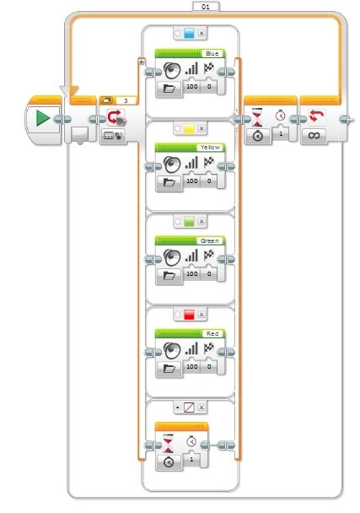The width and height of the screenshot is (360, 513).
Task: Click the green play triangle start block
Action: pos(43,118)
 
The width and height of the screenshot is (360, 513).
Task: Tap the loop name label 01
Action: pos(206,6)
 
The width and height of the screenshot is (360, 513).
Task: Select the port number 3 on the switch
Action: pos(126,100)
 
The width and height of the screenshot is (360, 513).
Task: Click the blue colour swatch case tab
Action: pos(190,33)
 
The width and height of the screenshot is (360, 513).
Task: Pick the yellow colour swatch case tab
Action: pos(190,128)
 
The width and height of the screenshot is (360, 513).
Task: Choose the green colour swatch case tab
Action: pos(190,222)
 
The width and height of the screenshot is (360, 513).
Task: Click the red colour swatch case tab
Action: pos(190,315)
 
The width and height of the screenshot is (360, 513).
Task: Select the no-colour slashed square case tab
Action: pos(190,408)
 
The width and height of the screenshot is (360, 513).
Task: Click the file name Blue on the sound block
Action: pos(212,54)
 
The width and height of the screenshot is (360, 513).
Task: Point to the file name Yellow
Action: pos(210,148)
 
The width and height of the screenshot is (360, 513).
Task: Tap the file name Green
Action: pos(210,240)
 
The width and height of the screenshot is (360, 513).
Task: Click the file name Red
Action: pos(212,334)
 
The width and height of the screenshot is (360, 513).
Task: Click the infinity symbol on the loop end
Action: pos(314,134)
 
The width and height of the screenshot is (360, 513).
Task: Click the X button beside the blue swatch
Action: pos(201,33)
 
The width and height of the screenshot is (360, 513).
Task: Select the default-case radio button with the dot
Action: pos(178,408)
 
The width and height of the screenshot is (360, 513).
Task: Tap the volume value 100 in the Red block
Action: pos(192,366)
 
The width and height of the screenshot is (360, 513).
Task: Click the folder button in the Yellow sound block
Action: pos(169,182)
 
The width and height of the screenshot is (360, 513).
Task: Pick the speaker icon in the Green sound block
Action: pos(172,257)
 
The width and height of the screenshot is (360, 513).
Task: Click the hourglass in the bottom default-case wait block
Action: pos(168,443)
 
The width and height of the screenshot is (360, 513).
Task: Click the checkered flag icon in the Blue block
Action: pos(209,68)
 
